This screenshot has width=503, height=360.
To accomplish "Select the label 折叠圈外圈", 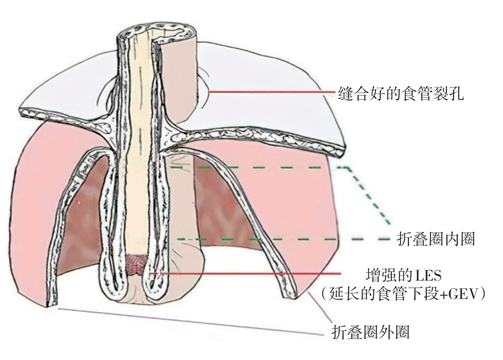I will pos(375,331).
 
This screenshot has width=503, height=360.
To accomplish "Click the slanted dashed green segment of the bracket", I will pos(368,197).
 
